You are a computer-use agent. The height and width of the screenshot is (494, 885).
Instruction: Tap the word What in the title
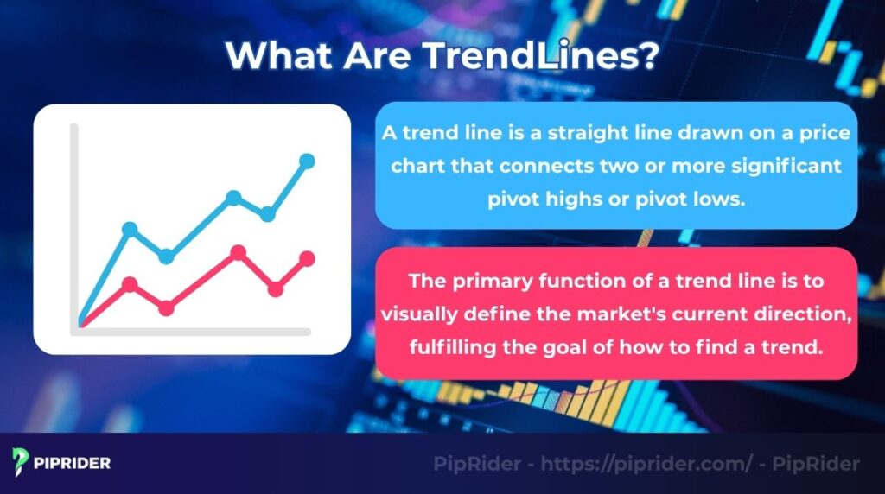[275, 56]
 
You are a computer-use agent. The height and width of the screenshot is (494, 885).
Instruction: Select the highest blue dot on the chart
[307, 161]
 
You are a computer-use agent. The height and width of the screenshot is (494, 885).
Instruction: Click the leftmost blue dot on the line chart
[130, 229]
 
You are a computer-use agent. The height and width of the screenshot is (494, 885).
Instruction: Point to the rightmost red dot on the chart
[307, 258]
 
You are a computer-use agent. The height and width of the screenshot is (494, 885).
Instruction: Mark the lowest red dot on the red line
[167, 307]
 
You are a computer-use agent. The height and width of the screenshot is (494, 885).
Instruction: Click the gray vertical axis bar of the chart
[74, 225]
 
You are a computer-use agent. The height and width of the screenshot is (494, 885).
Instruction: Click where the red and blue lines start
[82, 323]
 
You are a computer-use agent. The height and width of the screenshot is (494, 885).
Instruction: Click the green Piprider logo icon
[22, 462]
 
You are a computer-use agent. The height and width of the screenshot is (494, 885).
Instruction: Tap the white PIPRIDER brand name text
[74, 463]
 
